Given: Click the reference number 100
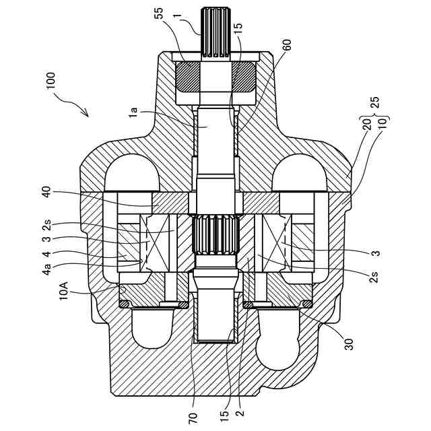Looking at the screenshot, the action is click(51, 80).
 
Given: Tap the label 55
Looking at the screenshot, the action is click(159, 13).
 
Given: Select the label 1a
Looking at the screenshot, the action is click(133, 112).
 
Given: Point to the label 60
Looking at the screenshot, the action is click(286, 46).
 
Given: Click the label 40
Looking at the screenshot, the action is click(46, 192).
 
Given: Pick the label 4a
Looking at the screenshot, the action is click(46, 269).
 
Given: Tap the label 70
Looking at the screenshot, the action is click(193, 418).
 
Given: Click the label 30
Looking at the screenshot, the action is click(349, 344).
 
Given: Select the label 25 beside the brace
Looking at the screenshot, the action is click(374, 103).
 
